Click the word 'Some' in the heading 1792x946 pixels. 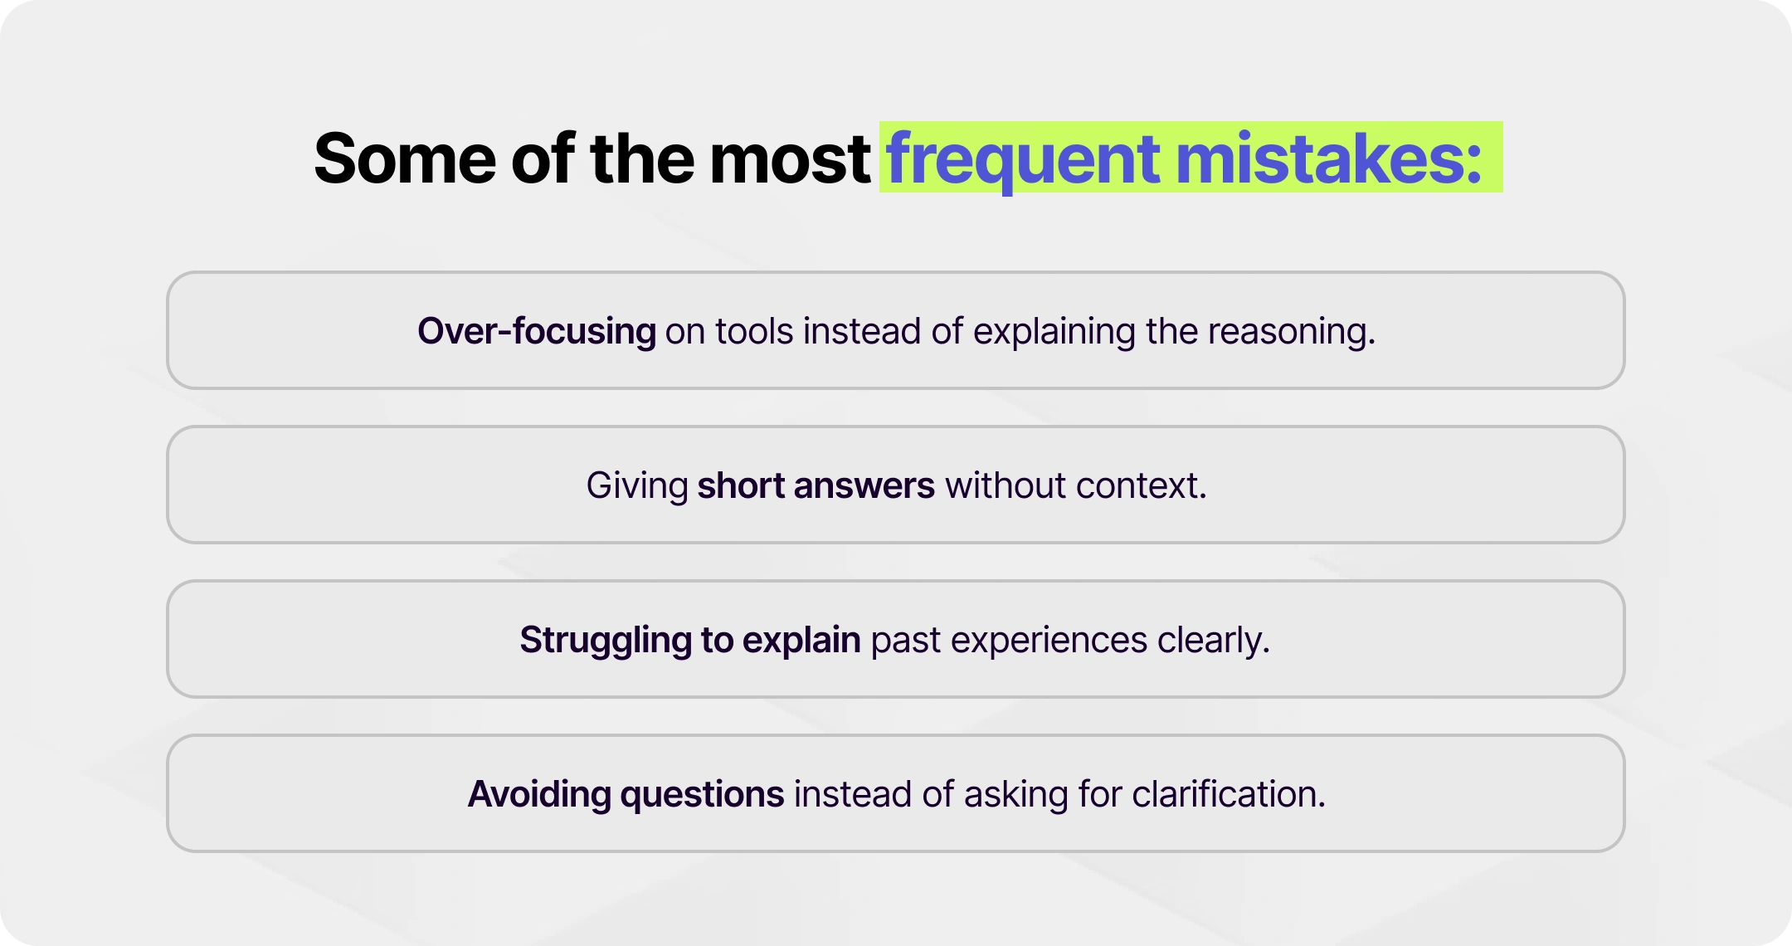click(x=405, y=158)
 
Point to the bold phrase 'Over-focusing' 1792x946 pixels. click(x=536, y=331)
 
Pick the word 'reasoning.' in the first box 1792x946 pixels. click(x=1291, y=331)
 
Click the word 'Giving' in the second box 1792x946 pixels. click(x=637, y=485)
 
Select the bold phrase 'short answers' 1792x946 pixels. click(x=816, y=485)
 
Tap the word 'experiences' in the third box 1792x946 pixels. click(x=1049, y=640)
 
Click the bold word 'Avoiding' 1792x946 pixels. click(x=539, y=794)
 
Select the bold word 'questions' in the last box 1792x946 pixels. click(x=702, y=794)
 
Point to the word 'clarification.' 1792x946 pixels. click(x=1229, y=794)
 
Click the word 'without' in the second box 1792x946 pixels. click(x=1005, y=485)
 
